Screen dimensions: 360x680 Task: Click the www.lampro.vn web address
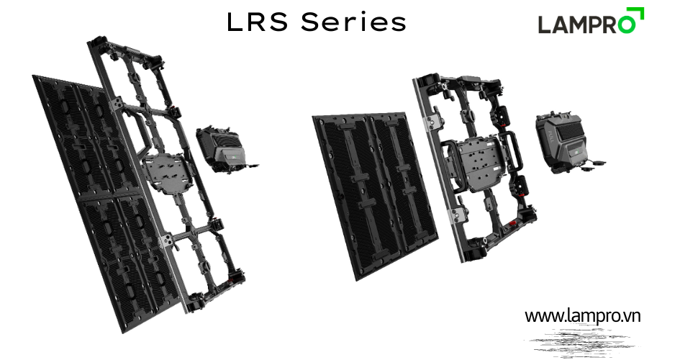pos(582,316)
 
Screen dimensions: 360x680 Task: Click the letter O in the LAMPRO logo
pos(627,24)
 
